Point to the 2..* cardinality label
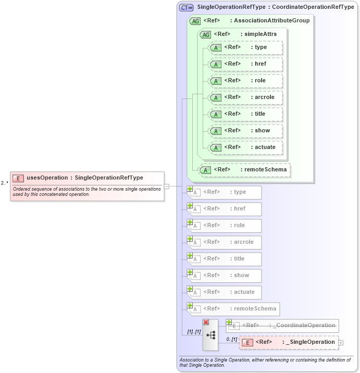click(x=5, y=183)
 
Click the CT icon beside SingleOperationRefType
click(x=186, y=7)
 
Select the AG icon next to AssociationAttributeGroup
click(x=195, y=21)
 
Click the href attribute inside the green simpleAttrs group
click(x=245, y=64)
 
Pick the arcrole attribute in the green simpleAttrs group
click(x=245, y=97)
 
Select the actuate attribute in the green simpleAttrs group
click(x=245, y=147)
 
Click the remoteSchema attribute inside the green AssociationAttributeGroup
click(x=244, y=169)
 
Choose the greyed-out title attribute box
click(x=225, y=259)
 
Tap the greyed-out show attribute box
click(x=225, y=276)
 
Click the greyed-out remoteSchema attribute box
click(x=233, y=309)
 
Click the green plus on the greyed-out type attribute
click(x=190, y=189)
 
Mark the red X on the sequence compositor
click(x=206, y=322)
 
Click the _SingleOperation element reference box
click(x=289, y=342)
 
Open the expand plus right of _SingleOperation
click(x=341, y=343)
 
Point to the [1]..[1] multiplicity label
click(x=194, y=332)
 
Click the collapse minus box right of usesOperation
click(x=167, y=185)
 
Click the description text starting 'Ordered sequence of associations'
click(x=87, y=191)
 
